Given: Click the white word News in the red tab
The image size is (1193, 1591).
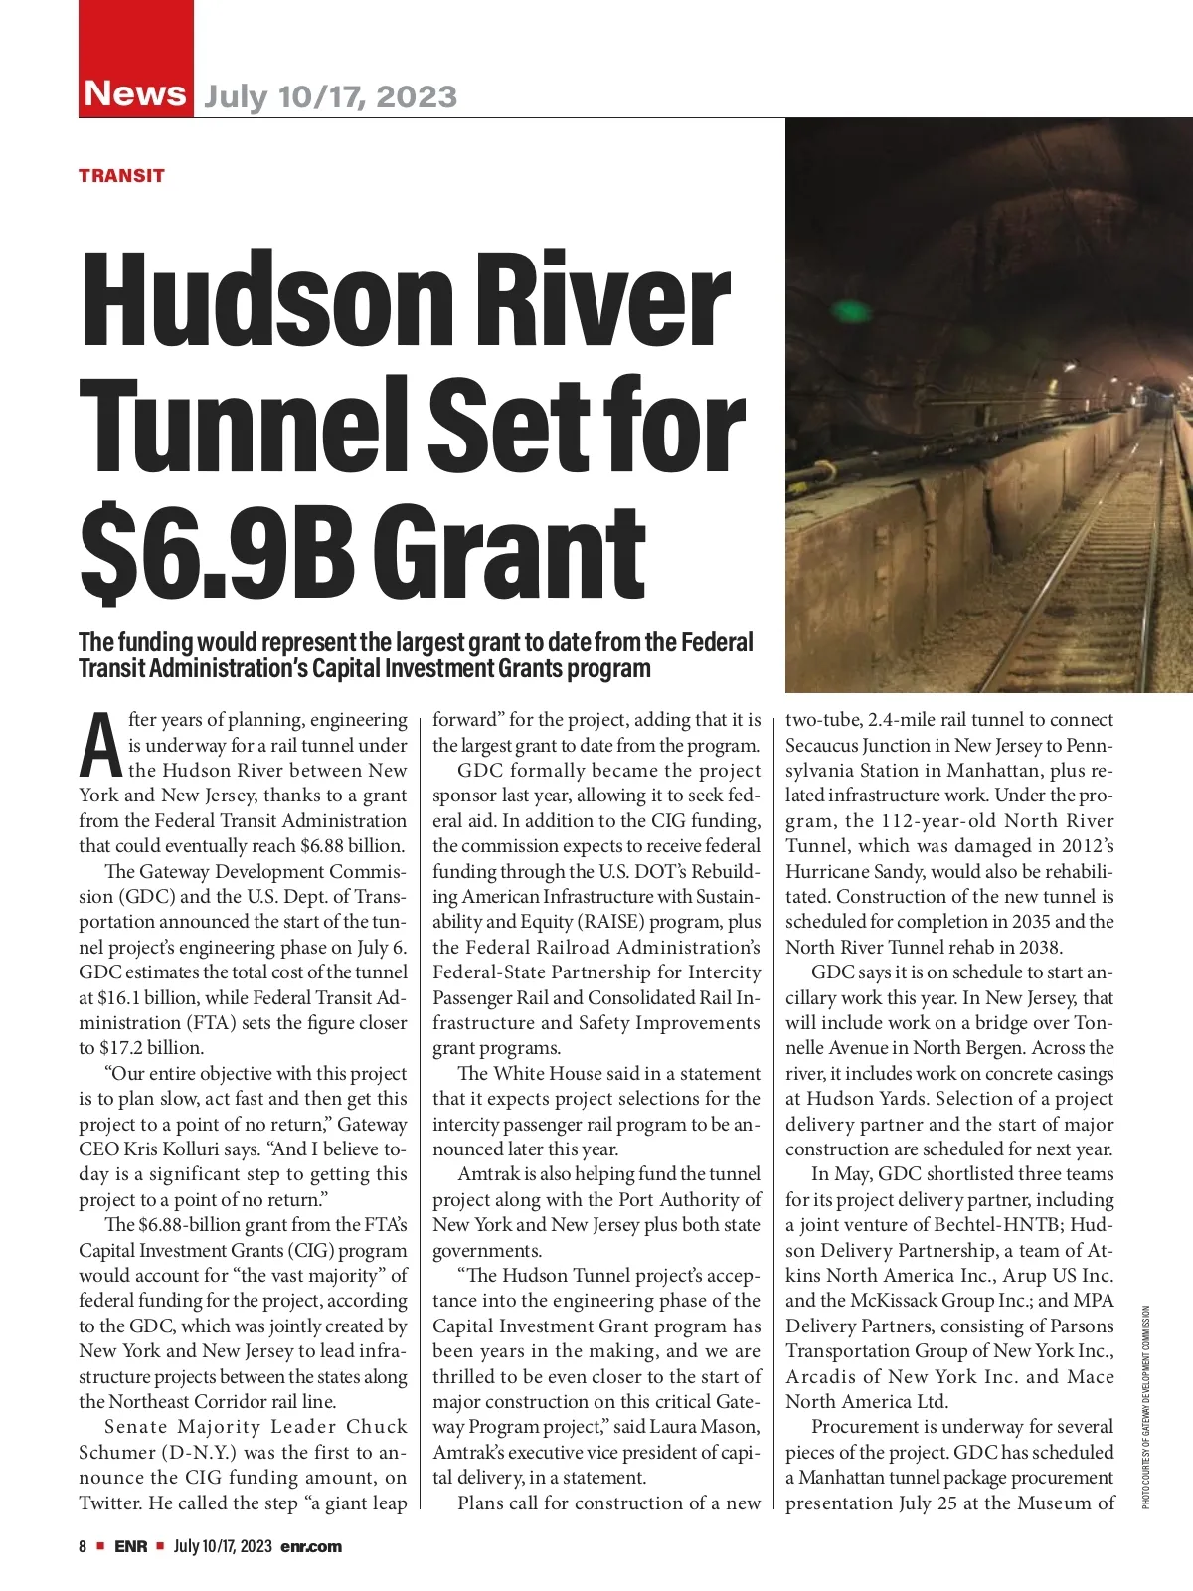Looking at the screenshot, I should coord(135,92).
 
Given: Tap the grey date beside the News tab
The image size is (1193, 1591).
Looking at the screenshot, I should coord(330,96).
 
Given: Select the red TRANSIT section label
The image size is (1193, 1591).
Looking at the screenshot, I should coord(121,176).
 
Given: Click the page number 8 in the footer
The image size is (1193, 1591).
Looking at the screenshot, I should coord(84,1546).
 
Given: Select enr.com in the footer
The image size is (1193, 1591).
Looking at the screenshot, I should coord(311,1546).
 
